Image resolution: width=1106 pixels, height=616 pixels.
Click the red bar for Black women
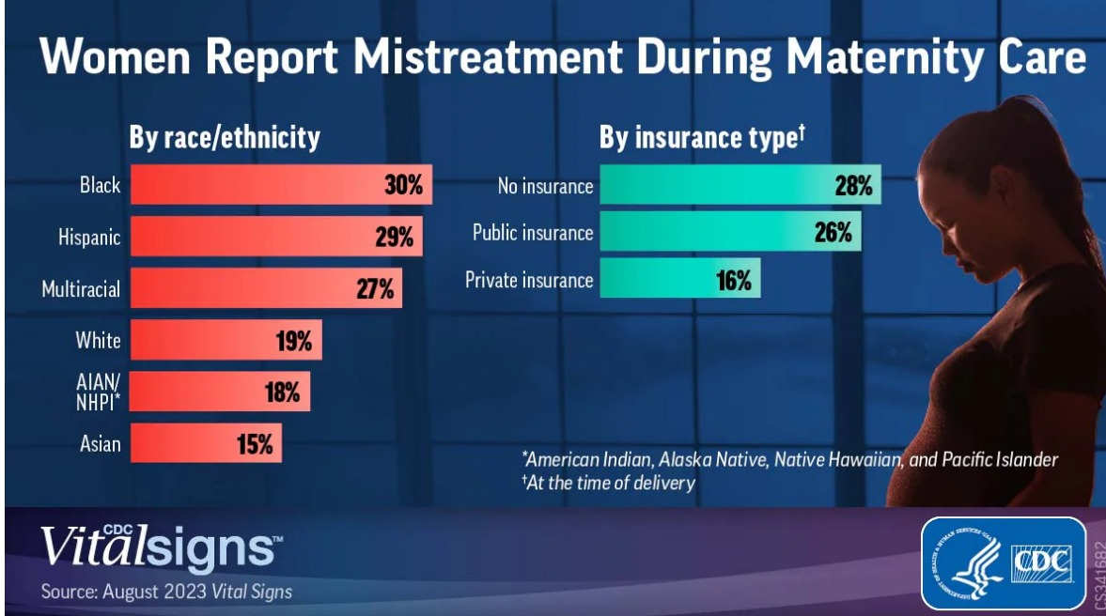pos(281,185)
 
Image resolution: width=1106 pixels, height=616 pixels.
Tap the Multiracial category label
pos(81,288)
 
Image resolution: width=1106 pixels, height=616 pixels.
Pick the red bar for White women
pos(226,340)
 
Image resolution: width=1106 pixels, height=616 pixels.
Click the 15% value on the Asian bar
pos(254,443)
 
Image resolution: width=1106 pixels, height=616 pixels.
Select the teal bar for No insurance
pos(740,185)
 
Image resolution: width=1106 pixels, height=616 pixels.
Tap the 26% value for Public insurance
pos(832,232)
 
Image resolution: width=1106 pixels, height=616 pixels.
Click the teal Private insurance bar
pos(678,280)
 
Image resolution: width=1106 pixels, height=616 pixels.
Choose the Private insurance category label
pos(529,280)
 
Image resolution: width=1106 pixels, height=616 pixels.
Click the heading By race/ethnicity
pos(225,138)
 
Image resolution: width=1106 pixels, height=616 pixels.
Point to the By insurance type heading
pos(702,138)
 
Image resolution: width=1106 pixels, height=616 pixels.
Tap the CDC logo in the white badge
pos(1040,562)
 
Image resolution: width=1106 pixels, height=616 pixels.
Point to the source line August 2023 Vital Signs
pos(166,592)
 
